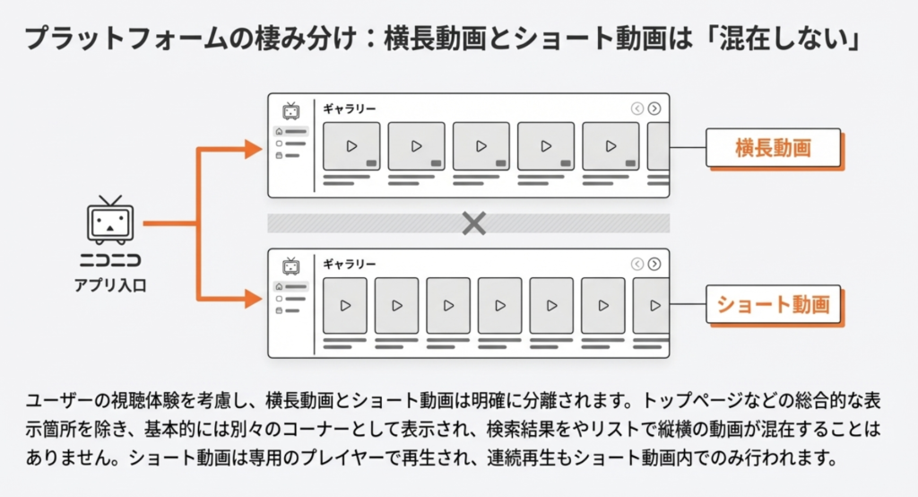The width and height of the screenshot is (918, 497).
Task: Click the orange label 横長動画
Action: click(x=774, y=147)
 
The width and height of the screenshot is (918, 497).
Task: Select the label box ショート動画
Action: click(x=774, y=305)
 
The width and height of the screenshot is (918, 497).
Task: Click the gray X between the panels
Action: click(x=473, y=223)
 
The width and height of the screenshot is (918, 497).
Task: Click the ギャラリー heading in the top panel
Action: click(x=350, y=109)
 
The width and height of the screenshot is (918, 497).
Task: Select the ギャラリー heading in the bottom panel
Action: click(x=350, y=264)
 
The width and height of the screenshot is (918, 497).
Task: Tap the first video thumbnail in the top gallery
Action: click(x=351, y=146)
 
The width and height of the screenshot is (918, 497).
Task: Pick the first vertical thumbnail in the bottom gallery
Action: click(x=345, y=306)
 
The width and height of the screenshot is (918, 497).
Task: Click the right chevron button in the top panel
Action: click(x=654, y=109)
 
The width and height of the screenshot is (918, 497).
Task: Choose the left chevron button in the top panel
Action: click(x=637, y=109)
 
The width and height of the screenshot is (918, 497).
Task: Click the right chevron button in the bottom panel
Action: click(x=654, y=264)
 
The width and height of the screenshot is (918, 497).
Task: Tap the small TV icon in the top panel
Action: click(x=290, y=110)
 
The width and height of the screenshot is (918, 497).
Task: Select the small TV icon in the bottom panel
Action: click(x=290, y=266)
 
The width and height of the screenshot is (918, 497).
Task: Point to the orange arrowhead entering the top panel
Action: click(x=253, y=149)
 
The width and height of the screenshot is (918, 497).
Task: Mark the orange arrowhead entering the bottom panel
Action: click(x=253, y=298)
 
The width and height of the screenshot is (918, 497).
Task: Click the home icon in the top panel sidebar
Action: click(x=279, y=132)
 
